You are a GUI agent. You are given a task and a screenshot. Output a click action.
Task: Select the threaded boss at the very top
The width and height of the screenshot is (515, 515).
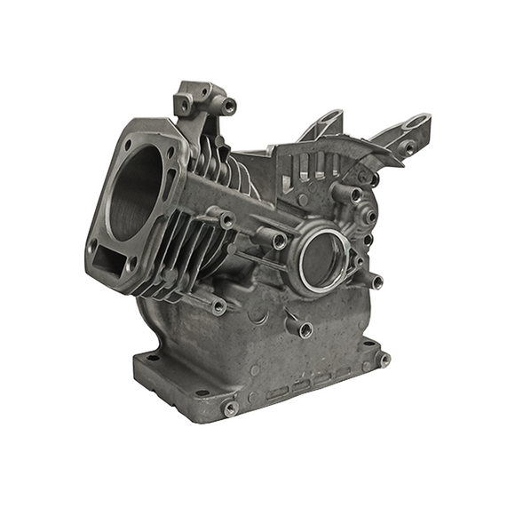[x=229, y=107]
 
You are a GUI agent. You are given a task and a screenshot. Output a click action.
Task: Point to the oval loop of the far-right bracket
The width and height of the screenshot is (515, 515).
[x=416, y=122]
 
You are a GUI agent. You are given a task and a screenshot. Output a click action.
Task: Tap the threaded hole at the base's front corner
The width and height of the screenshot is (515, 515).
[x=230, y=408]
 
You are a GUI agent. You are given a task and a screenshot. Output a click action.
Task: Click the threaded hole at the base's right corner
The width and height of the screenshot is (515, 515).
[x=384, y=360]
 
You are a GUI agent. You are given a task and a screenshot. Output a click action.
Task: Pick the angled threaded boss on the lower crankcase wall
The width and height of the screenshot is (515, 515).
[x=305, y=331]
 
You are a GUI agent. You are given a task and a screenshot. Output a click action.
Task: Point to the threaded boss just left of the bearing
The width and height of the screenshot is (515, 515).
[x=279, y=242]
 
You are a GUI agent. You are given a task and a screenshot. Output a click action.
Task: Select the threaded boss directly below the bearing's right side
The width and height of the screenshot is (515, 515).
[x=376, y=283]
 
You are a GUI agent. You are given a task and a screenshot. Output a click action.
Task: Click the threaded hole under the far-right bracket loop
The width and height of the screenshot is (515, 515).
[x=408, y=148]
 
